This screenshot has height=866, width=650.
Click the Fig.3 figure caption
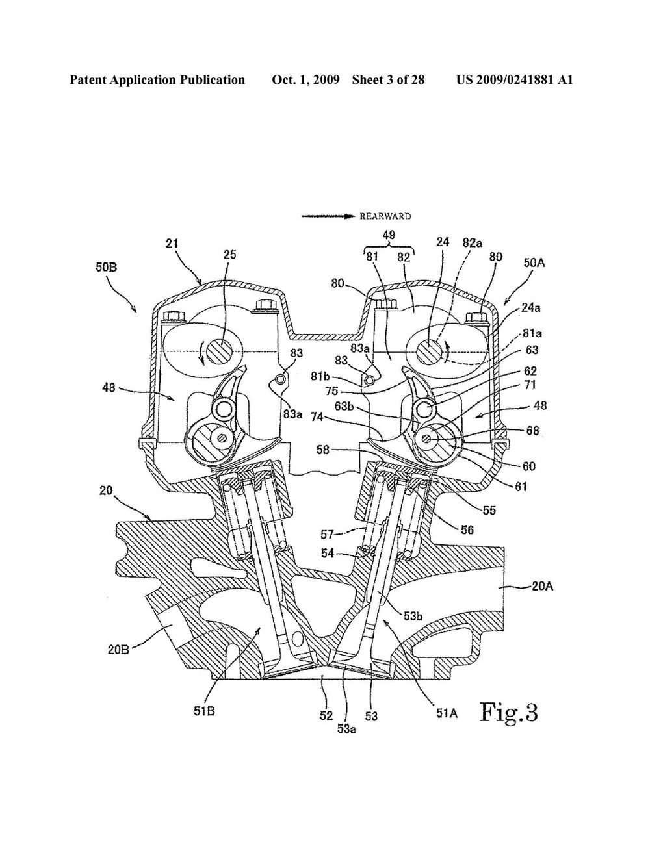pyautogui.click(x=509, y=713)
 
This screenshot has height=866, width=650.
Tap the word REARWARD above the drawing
pyautogui.click(x=385, y=216)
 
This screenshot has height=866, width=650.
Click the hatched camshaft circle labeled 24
pyautogui.click(x=429, y=351)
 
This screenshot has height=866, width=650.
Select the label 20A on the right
pyautogui.click(x=543, y=587)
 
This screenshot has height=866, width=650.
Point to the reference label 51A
pyautogui.click(x=447, y=713)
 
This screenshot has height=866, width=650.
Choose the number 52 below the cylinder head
pyautogui.click(x=326, y=715)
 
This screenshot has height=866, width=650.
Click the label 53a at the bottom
pyautogui.click(x=346, y=729)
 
